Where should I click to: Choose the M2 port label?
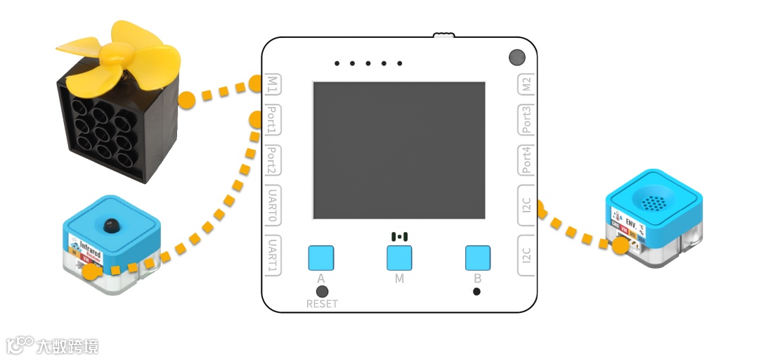click(527, 86)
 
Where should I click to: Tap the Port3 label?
click(527, 120)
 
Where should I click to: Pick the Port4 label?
click(527, 161)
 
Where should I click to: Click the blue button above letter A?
click(321, 258)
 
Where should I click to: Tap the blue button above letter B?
click(478, 258)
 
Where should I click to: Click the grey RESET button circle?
click(322, 291)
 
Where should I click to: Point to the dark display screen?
click(398, 150)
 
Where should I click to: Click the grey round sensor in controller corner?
click(517, 57)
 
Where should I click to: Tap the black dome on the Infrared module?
click(109, 225)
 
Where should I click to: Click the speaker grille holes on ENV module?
click(654, 203)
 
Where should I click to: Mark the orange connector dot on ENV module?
click(620, 245)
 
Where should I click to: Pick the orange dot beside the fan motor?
click(187, 100)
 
